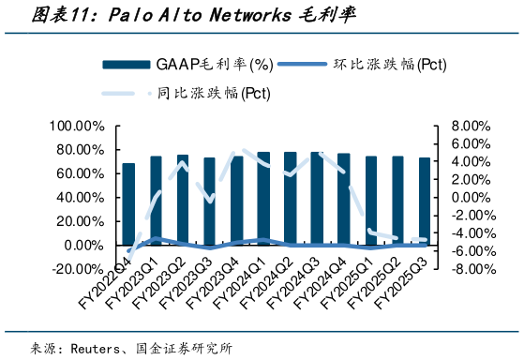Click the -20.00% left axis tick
(79, 269)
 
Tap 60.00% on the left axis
(79, 174)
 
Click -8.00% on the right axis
(470, 269)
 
